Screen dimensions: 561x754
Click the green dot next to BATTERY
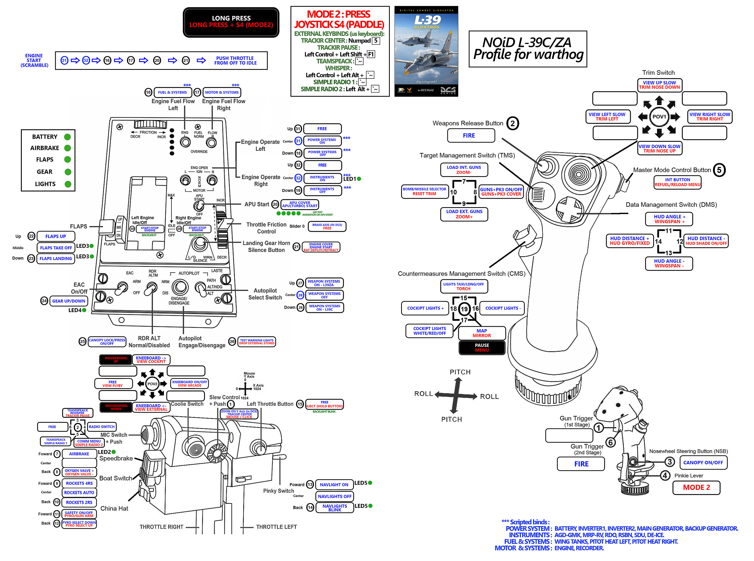(x=68, y=137)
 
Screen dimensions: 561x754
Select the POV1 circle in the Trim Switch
(x=659, y=117)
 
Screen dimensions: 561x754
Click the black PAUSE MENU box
(x=482, y=347)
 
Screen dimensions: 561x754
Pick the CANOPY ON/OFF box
(x=703, y=463)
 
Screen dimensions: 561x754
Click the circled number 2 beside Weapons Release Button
(x=512, y=124)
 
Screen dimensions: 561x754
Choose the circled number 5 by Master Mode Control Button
(x=719, y=170)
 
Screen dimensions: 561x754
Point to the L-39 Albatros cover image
(x=426, y=51)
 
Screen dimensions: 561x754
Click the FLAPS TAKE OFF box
(x=56, y=248)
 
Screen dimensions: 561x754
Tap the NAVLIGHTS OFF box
(x=334, y=497)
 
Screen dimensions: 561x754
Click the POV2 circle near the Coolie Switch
(x=152, y=384)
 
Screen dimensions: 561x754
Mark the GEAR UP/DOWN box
(x=69, y=301)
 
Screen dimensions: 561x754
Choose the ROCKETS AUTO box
(x=79, y=492)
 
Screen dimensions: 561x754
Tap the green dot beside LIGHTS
(x=68, y=184)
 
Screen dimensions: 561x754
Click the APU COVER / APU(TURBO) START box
(x=299, y=204)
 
